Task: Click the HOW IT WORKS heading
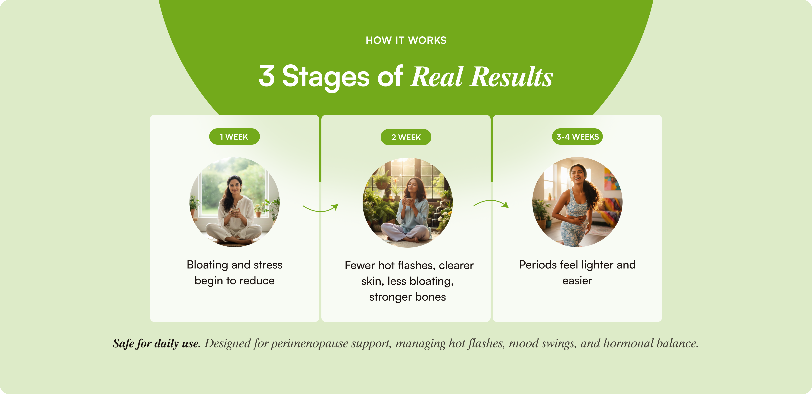406,40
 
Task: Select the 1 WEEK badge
234,137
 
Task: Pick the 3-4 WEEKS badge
577,137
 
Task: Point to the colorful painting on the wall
612,179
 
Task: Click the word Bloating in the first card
207,265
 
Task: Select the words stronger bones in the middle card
407,297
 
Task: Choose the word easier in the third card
577,281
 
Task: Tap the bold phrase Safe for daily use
156,343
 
